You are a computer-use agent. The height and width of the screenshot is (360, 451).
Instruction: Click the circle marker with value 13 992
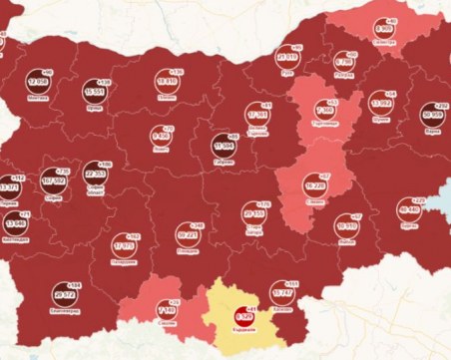pos(381,103)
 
